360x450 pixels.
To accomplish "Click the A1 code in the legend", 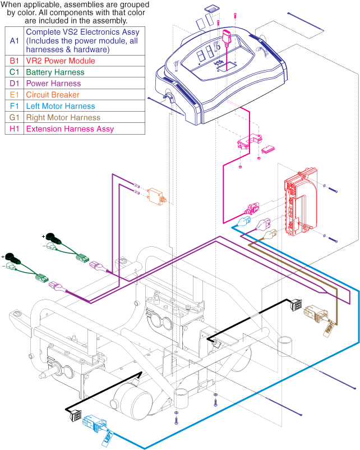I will coord(14,41).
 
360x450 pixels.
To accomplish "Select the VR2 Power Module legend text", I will coord(60,61).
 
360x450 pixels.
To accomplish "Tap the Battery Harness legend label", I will coord(55,72).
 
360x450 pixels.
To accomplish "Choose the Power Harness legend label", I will coord(54,84).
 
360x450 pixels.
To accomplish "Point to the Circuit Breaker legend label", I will coord(53,95).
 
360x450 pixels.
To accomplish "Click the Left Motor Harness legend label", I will coord(61,106).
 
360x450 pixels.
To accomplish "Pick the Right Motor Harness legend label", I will coord(63,117).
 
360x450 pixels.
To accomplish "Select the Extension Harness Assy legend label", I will coord(70,129).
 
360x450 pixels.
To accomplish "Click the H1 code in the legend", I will coord(14,129).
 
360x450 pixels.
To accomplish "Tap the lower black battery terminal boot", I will coord(14,260).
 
